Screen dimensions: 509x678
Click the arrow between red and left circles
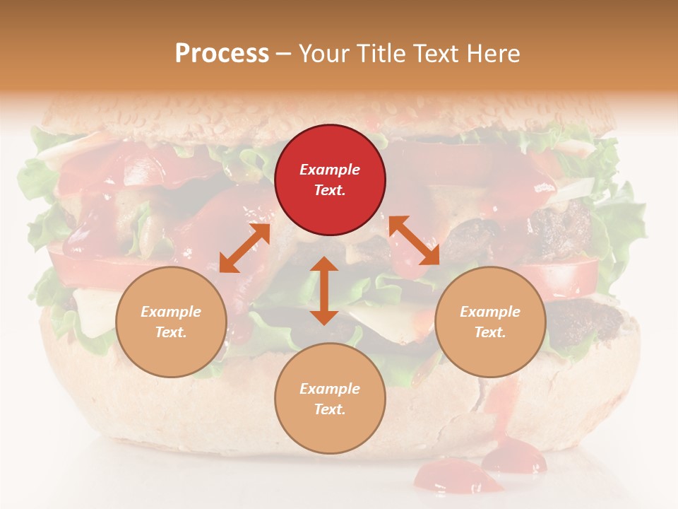pyautogui.click(x=244, y=248)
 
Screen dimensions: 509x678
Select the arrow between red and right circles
pyautogui.click(x=414, y=240)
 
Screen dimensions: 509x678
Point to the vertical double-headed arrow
pyautogui.click(x=324, y=291)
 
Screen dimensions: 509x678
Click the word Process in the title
pyautogui.click(x=222, y=53)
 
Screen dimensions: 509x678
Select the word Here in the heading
pyautogui.click(x=494, y=53)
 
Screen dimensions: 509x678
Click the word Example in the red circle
pyautogui.click(x=330, y=170)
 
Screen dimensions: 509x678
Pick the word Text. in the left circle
pyautogui.click(x=171, y=332)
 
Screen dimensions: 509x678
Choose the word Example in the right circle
pyautogui.click(x=490, y=312)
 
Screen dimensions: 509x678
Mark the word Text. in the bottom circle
pyautogui.click(x=330, y=409)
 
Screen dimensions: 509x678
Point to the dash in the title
pyautogui.click(x=284, y=53)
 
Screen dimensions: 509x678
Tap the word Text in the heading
pyautogui.click(x=435, y=53)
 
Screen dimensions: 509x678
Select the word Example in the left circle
pyautogui.click(x=171, y=312)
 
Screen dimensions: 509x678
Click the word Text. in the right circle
pyautogui.click(x=490, y=332)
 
